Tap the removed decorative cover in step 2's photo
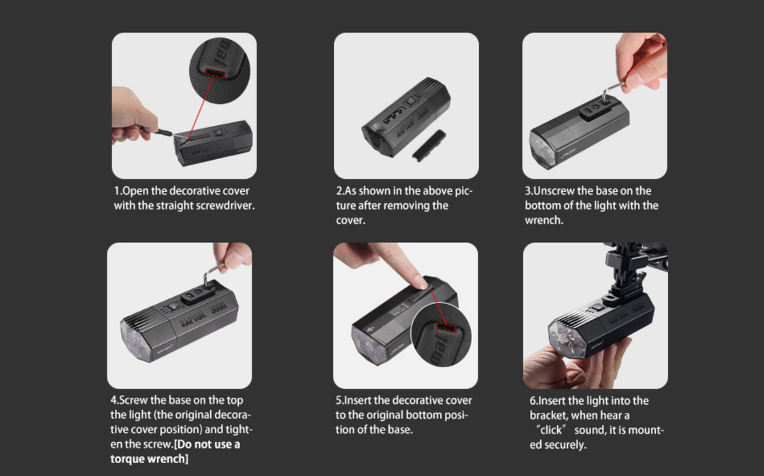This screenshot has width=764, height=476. coord(429,146)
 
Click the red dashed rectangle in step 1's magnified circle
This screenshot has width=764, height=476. coord(215,73)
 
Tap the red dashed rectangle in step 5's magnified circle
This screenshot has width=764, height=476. coord(446,327)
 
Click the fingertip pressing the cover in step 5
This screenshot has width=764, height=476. coord(420,282)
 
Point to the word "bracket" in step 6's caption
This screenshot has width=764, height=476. coord(548,415)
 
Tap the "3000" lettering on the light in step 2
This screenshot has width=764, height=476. coord(423,114)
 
